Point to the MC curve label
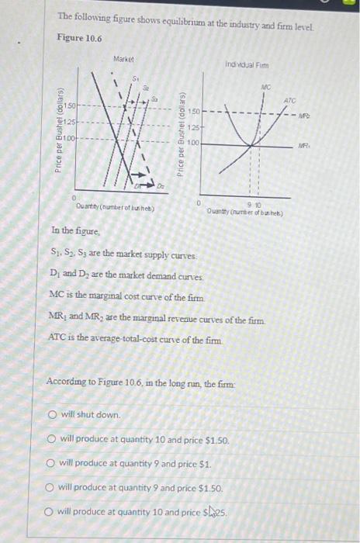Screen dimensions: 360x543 [x=265, y=89]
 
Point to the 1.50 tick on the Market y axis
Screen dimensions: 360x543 [x=70, y=105]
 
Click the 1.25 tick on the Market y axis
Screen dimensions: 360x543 [x=70, y=122]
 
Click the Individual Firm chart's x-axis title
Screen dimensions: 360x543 [x=252, y=206]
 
